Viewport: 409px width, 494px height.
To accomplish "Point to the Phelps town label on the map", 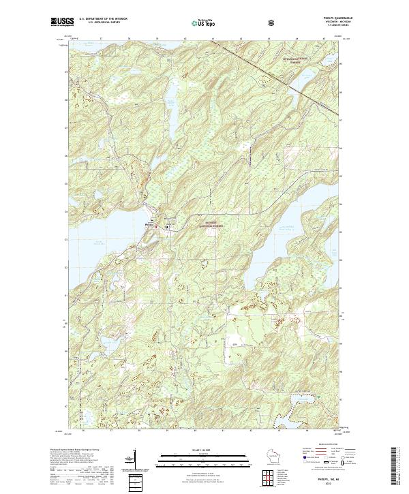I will point(149,225).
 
